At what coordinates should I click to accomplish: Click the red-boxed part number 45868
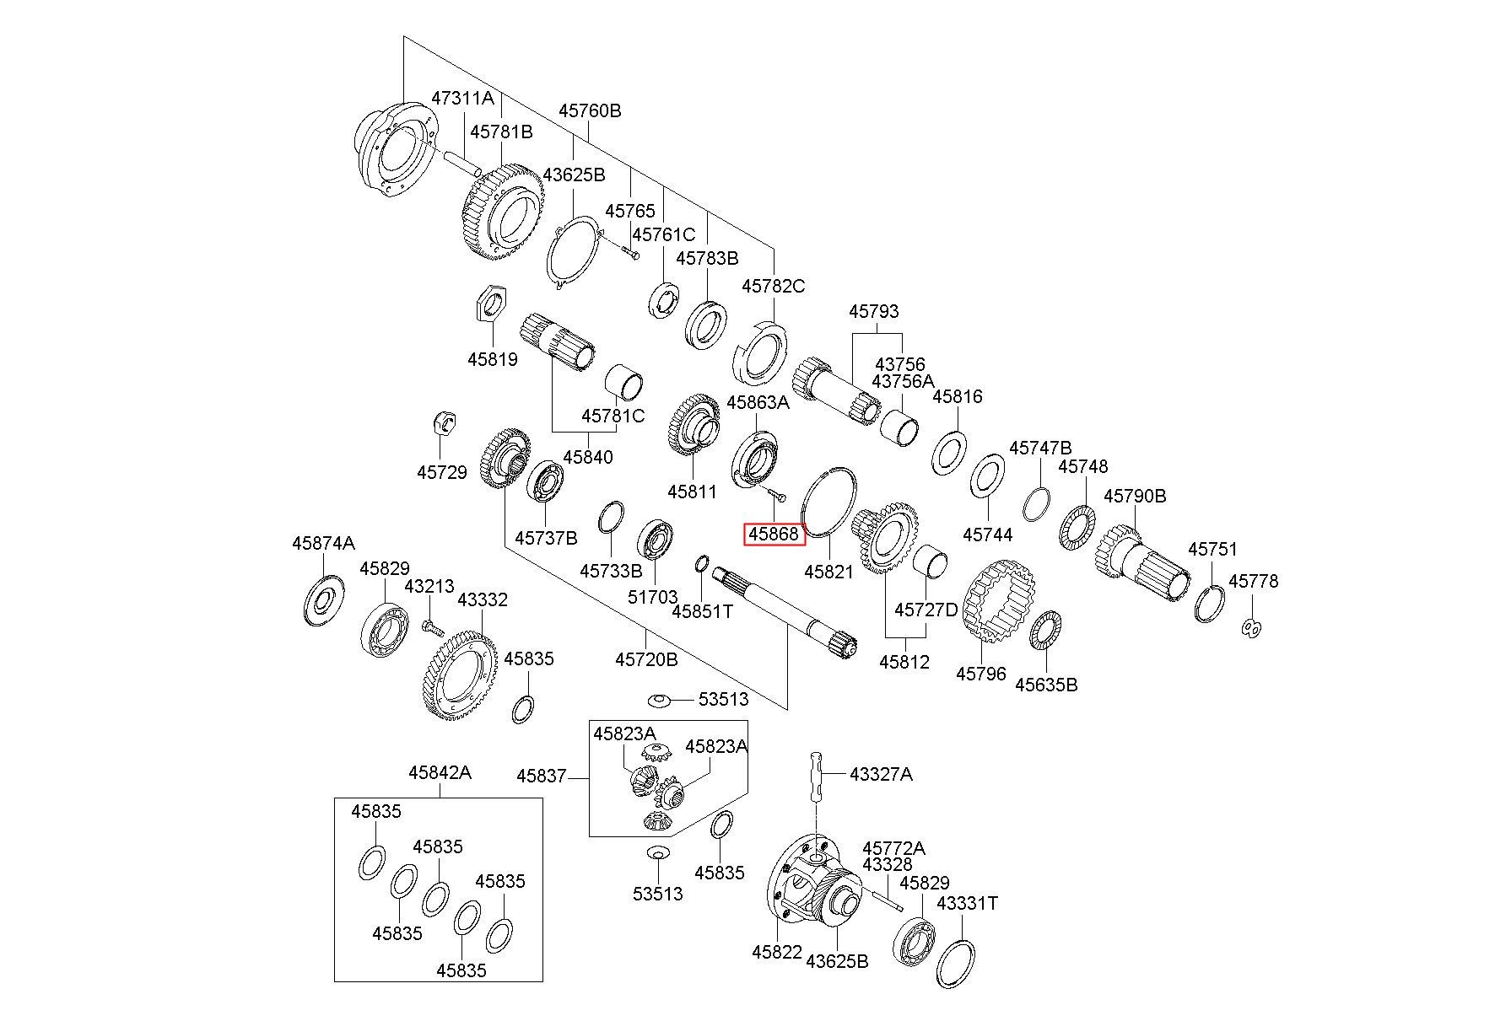click(x=774, y=535)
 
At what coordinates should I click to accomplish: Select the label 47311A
click(x=462, y=98)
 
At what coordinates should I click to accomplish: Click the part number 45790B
click(x=1135, y=496)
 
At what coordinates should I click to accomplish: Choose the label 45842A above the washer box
click(x=440, y=772)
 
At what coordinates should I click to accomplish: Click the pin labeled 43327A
click(x=818, y=775)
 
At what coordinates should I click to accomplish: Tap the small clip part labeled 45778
click(x=1252, y=627)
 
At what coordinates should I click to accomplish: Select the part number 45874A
click(x=324, y=543)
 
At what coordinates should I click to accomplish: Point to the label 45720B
click(x=646, y=659)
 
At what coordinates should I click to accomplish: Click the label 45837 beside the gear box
click(x=541, y=776)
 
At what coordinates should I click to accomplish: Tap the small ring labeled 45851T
click(x=702, y=563)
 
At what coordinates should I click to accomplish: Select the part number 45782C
click(x=773, y=286)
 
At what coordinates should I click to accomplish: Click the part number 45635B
click(x=1046, y=685)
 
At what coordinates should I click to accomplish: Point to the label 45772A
click(x=893, y=848)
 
